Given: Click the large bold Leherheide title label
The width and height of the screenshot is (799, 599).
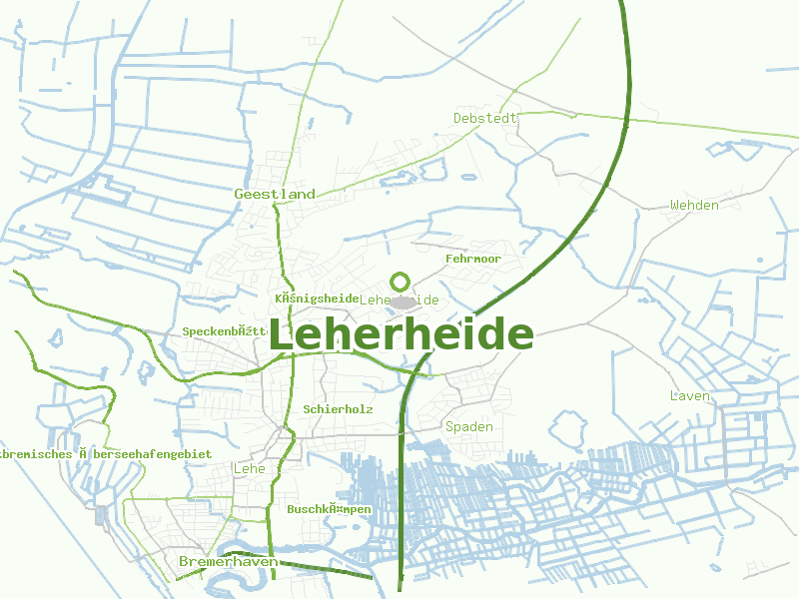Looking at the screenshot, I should [400, 334].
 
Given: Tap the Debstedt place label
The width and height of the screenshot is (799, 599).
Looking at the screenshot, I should [485, 118].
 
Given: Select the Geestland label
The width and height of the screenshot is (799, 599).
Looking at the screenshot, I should [275, 194].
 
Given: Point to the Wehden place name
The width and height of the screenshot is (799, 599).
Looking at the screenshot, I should [694, 205].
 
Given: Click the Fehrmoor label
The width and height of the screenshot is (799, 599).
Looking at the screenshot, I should [472, 259].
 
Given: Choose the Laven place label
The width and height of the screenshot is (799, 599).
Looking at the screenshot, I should [690, 396].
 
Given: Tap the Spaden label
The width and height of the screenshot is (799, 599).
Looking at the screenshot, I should [469, 427].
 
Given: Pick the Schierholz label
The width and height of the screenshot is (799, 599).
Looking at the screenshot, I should [338, 409].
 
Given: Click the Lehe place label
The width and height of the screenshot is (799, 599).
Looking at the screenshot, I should [248, 468].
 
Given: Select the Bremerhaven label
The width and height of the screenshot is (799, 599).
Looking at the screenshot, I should [228, 562].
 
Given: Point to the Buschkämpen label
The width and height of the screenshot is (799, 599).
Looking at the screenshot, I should [329, 509].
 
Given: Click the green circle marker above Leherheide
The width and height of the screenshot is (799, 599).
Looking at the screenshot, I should [400, 283].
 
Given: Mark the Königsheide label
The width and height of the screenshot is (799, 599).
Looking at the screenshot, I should [316, 299].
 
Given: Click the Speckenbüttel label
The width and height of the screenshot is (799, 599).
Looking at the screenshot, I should [226, 331].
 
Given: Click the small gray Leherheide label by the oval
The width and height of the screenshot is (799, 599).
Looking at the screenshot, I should [399, 299].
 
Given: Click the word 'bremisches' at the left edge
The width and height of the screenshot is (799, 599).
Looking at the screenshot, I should [36, 453].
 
